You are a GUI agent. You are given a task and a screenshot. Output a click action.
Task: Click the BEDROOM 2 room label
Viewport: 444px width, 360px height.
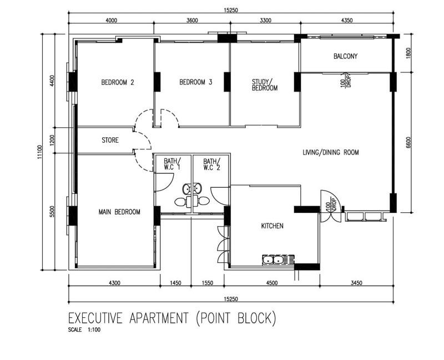click(x=118, y=83)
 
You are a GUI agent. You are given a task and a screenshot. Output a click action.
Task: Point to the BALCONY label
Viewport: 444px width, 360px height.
click(x=345, y=56)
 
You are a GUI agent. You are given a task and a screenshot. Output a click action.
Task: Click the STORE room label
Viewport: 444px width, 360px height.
click(x=110, y=141)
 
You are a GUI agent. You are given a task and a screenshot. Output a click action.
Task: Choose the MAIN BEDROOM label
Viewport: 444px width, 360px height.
click(x=119, y=212)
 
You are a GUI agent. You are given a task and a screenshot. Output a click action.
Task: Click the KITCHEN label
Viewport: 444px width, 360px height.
click(x=273, y=226)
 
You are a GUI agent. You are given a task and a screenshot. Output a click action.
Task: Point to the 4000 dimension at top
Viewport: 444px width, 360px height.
click(x=111, y=20)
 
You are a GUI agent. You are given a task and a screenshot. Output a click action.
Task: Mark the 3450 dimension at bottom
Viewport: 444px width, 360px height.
click(x=357, y=283)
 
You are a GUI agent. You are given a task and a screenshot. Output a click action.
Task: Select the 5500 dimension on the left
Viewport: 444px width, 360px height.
click(x=52, y=212)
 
